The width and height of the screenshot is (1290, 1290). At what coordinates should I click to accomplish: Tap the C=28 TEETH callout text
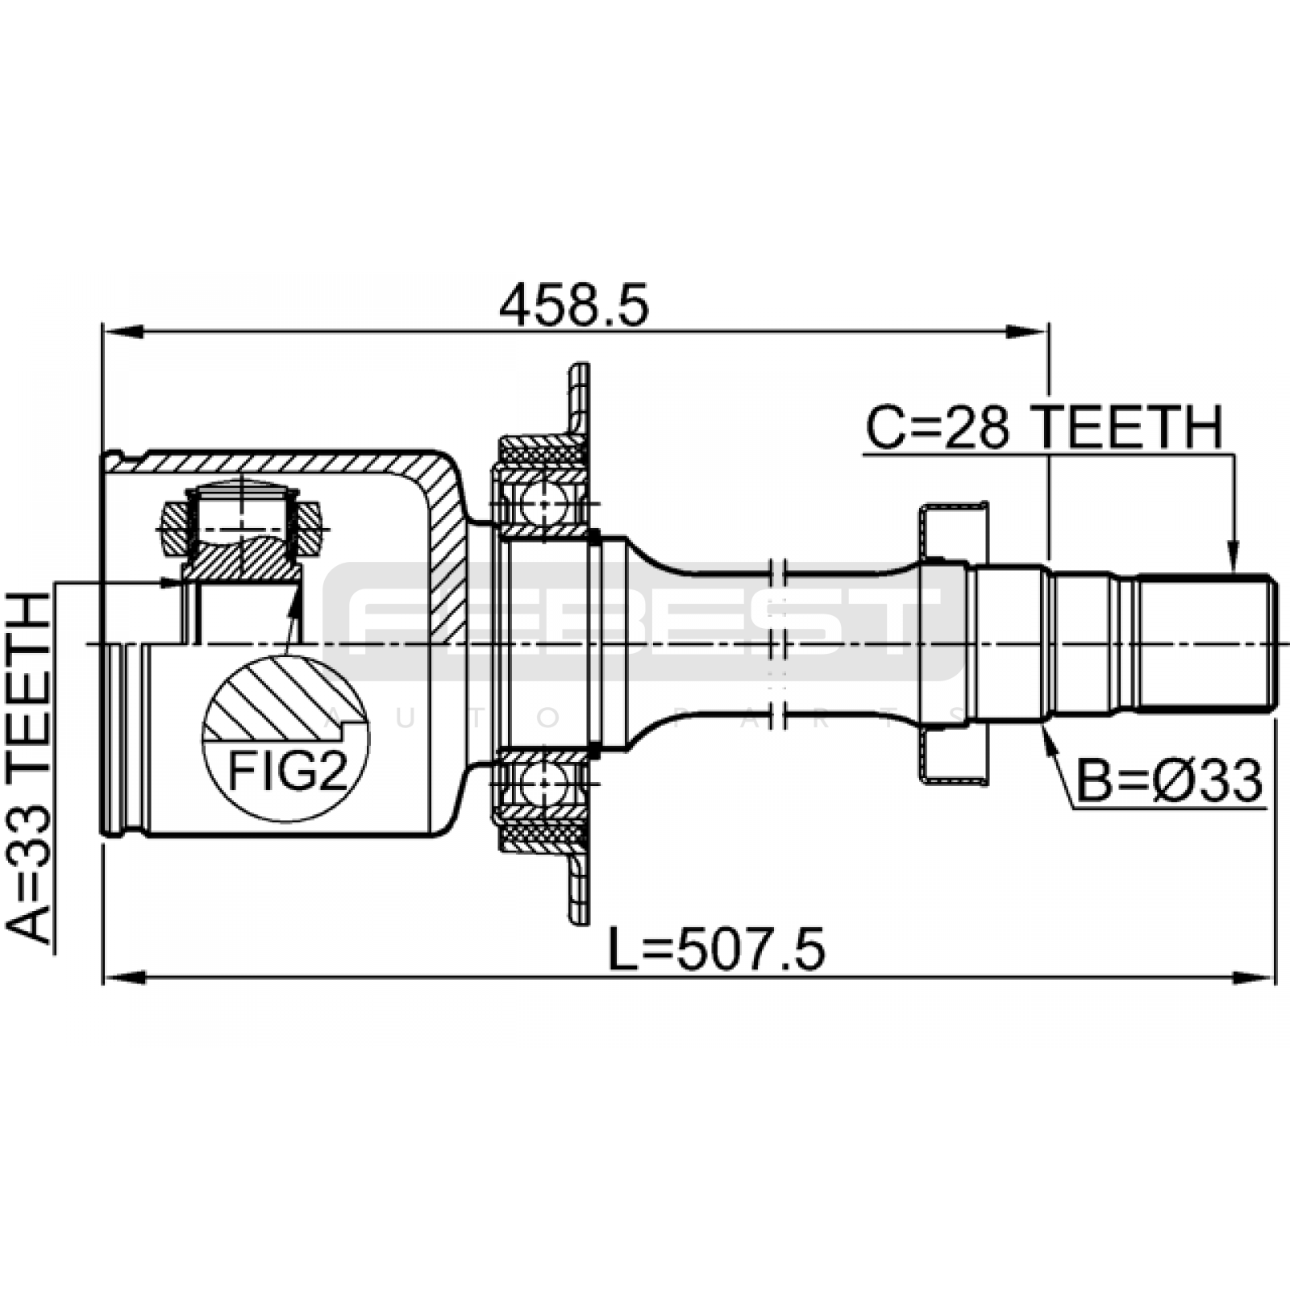(x=1044, y=427)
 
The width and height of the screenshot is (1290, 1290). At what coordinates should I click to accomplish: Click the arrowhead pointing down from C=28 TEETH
(x=1234, y=556)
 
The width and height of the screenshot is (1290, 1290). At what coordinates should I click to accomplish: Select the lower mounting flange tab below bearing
(x=578, y=886)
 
